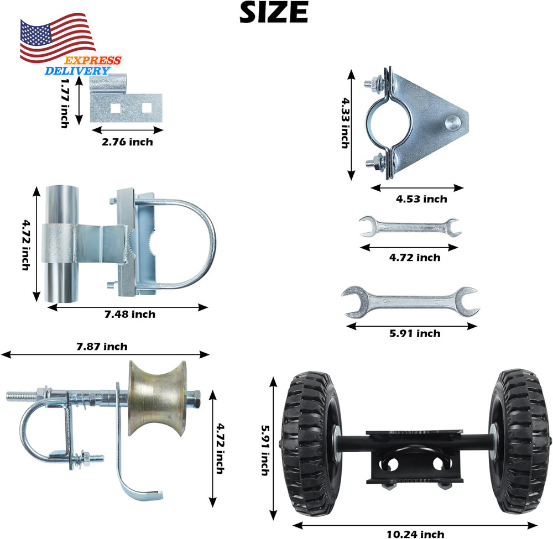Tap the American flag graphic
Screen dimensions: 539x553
[x=57, y=40]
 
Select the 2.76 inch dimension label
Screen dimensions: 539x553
[x=127, y=142]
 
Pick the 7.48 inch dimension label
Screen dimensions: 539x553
[x=129, y=315]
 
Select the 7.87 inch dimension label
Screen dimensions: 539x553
[x=101, y=347]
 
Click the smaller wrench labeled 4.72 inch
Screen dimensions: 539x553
[x=409, y=227]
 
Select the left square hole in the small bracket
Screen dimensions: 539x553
[x=116, y=107]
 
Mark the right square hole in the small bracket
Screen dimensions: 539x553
[x=147, y=107]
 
